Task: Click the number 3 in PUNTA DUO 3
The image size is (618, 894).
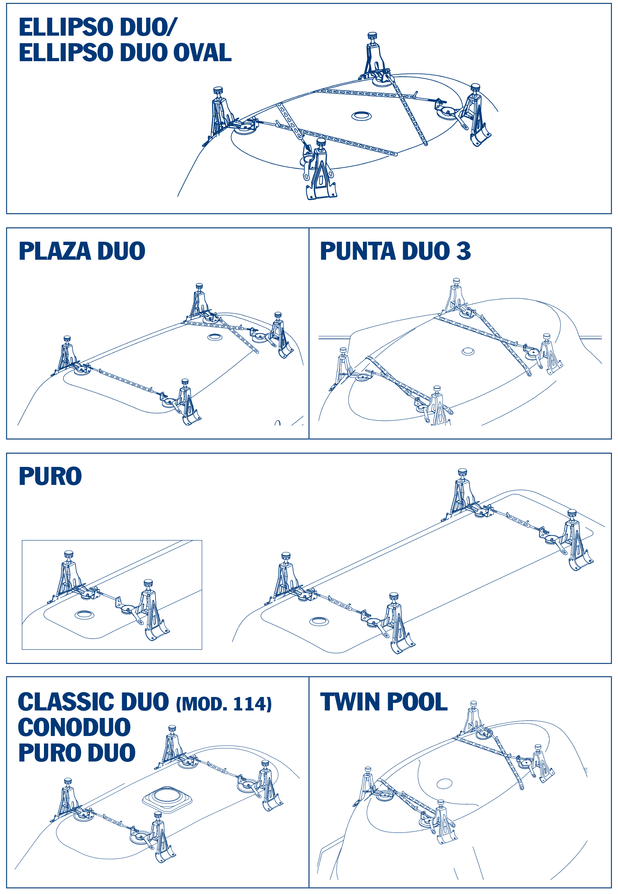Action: tap(463, 251)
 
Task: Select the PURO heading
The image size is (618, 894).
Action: tap(50, 476)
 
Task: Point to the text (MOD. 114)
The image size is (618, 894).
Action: tap(224, 704)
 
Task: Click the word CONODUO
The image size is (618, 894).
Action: tap(74, 727)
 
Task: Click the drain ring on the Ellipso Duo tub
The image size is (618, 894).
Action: tap(361, 116)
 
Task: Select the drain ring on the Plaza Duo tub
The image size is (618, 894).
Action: tap(215, 337)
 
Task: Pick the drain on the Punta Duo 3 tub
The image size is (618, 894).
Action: tap(468, 351)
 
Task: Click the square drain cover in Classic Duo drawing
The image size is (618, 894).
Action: tap(167, 798)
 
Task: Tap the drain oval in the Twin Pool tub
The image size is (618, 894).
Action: tap(444, 784)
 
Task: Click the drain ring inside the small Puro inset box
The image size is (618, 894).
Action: tap(85, 614)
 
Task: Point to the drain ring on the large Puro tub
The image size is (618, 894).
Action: tap(319, 622)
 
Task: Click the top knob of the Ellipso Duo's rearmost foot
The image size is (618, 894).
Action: tap(372, 35)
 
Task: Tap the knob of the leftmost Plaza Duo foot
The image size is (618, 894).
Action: tap(67, 339)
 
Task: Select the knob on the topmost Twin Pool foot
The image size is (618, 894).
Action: tap(473, 704)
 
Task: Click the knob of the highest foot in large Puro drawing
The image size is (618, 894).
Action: tap(462, 471)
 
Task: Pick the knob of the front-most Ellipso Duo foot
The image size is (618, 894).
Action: tap(321, 142)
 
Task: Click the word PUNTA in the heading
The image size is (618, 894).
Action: tap(357, 251)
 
